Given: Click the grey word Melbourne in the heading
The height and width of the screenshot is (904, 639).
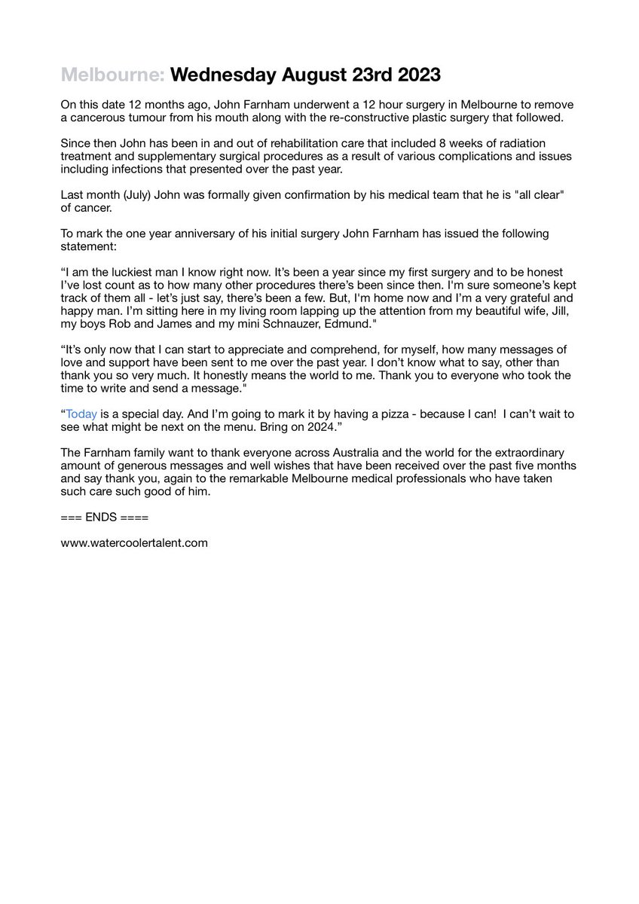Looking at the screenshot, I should pyautogui.click(x=113, y=76).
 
